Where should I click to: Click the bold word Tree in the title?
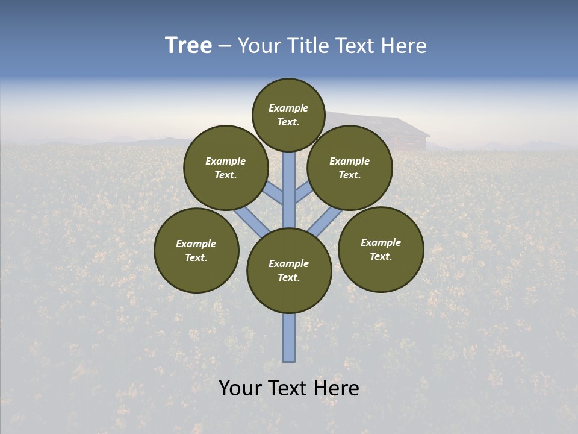coord(188,46)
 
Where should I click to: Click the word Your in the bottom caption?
coord(240,388)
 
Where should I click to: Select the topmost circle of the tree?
coord(288,115)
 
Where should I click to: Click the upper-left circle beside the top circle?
coord(226,168)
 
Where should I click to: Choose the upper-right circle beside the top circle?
coord(350,168)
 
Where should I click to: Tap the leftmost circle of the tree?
coord(196,250)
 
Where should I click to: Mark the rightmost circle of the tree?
coord(381,249)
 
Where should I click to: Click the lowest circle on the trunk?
coord(289,270)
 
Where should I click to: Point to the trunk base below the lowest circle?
coord(289,338)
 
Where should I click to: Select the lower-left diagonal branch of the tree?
coord(252,221)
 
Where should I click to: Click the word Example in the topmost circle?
coord(288,108)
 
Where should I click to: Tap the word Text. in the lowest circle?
coord(288,277)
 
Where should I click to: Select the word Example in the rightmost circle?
coord(381,242)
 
